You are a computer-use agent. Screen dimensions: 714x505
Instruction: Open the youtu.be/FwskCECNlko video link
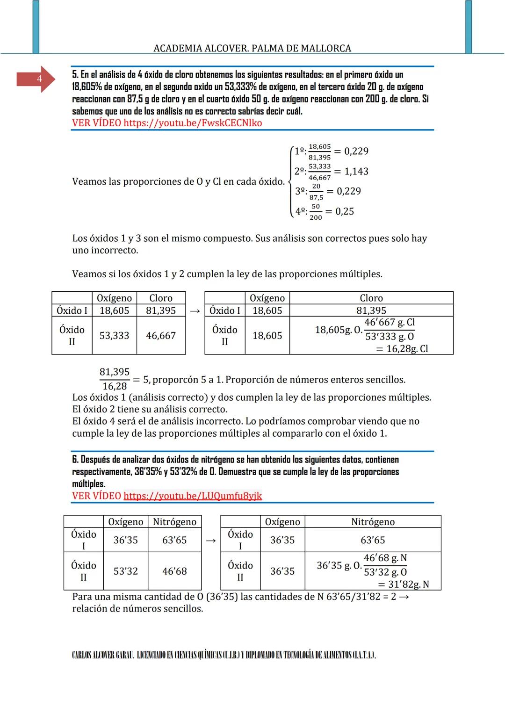point(193,123)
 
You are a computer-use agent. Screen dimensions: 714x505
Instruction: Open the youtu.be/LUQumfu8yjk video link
point(193,496)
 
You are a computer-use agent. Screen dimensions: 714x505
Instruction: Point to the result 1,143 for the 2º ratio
point(356,172)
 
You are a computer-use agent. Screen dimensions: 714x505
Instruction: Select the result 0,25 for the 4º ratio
point(345,211)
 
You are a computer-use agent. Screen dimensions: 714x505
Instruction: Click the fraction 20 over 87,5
point(316,192)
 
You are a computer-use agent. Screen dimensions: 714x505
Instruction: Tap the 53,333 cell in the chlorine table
point(114,335)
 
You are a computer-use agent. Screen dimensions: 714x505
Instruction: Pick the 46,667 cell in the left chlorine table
point(161,335)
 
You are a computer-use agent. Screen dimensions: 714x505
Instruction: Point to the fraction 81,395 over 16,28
point(115,379)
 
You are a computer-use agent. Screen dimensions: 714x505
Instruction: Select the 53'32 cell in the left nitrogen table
point(125,571)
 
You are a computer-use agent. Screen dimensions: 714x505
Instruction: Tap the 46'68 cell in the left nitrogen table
point(174,571)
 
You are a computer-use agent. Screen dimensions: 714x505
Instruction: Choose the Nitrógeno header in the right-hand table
point(373,522)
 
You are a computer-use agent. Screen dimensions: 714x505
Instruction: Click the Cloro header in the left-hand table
point(161,298)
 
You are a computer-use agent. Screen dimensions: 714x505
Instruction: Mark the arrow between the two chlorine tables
point(195,311)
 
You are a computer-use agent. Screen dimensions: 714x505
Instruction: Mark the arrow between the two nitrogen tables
point(211,541)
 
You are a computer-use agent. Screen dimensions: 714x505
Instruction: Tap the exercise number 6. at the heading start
point(75,460)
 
